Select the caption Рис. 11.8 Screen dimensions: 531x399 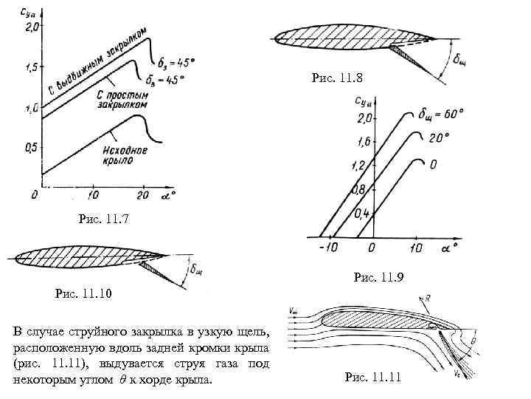tap(338, 77)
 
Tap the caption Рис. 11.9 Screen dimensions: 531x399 tap(379, 277)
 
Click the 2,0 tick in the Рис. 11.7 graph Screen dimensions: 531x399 tap(31, 27)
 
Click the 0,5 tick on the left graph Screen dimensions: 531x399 tap(30, 148)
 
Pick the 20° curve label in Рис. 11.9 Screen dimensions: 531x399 tap(437, 137)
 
